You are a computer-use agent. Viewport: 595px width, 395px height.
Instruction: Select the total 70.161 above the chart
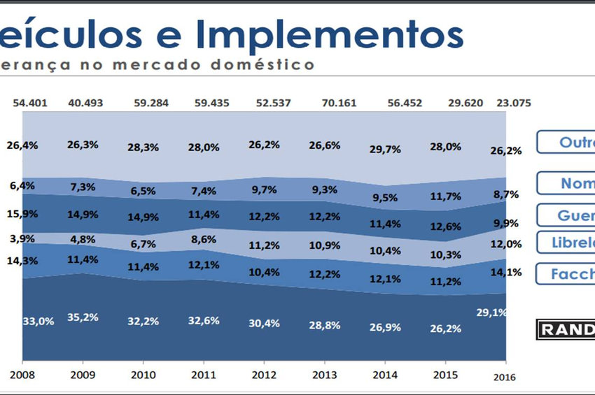[339, 103]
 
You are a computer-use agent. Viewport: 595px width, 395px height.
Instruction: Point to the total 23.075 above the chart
[513, 103]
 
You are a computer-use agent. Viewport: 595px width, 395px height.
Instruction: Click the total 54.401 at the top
[31, 103]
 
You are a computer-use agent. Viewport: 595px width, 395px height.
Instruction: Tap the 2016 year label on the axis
[503, 377]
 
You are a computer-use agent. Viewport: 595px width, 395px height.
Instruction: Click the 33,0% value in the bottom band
[38, 322]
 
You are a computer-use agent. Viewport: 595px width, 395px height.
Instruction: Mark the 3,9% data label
[22, 238]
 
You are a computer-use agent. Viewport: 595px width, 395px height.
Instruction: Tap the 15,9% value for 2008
[22, 212]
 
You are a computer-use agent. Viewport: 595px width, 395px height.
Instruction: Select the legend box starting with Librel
[566, 242]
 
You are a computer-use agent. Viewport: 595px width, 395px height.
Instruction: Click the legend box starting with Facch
[566, 273]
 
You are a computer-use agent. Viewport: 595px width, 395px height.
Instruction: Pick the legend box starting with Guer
[566, 215]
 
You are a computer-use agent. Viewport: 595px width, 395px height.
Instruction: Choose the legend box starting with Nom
[566, 183]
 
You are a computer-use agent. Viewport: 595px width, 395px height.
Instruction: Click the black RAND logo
[566, 329]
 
